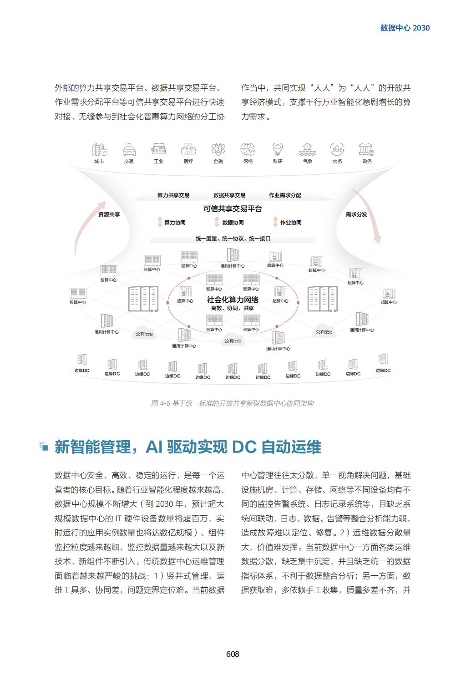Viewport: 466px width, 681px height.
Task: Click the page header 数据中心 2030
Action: [405, 28]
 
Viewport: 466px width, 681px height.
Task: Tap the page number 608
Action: [233, 654]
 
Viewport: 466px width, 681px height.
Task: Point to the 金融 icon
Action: [218, 149]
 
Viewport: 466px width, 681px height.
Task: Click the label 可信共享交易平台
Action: [233, 209]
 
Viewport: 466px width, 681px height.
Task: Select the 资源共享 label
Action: [109, 214]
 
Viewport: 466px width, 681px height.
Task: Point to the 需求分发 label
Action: [356, 214]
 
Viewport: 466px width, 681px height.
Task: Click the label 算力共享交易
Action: [173, 195]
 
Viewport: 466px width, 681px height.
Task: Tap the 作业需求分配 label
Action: [285, 195]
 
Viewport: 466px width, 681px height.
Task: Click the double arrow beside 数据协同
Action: [217, 222]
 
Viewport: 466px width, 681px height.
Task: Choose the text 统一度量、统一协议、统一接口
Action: [233, 239]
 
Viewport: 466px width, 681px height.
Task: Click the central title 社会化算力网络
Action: [233, 300]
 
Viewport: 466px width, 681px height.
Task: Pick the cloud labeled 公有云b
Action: [233, 340]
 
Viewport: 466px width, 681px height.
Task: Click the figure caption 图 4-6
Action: [232, 403]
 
